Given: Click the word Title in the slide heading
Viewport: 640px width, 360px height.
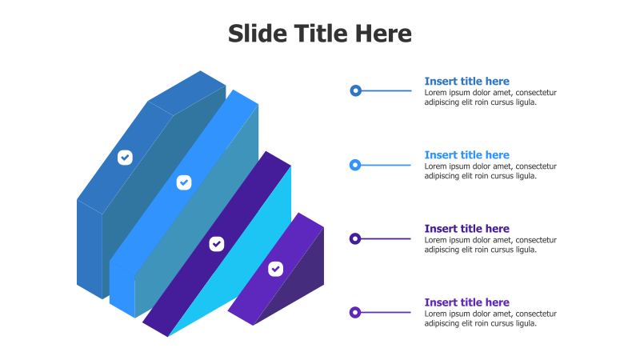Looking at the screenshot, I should [318, 34].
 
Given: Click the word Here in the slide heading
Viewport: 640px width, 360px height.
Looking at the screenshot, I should [381, 34].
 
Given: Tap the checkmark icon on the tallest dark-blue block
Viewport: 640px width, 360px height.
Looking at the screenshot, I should [125, 157].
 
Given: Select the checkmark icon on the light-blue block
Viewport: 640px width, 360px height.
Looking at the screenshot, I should [183, 182].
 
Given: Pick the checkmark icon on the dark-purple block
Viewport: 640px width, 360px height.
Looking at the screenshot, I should [216, 243].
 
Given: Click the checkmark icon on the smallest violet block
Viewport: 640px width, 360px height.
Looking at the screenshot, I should [275, 269].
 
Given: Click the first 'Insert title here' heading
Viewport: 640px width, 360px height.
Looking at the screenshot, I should [466, 82].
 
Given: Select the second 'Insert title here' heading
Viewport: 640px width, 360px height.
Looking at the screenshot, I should [466, 155].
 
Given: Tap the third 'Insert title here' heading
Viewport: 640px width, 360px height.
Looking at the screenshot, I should [466, 229].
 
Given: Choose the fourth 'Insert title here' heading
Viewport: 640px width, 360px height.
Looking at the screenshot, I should [466, 302].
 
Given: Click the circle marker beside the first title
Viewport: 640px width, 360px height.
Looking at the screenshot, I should [355, 90].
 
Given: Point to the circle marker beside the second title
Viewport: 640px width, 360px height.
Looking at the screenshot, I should [355, 165].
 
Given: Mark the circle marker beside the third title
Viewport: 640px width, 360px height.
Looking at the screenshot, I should [355, 238].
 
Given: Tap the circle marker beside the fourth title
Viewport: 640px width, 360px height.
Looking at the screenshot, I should [355, 312].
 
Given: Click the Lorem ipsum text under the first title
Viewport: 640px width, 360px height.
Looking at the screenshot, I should [490, 97].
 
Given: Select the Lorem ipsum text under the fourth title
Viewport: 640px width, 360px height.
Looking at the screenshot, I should [490, 318].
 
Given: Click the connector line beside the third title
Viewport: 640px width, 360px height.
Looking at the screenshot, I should [387, 238].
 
